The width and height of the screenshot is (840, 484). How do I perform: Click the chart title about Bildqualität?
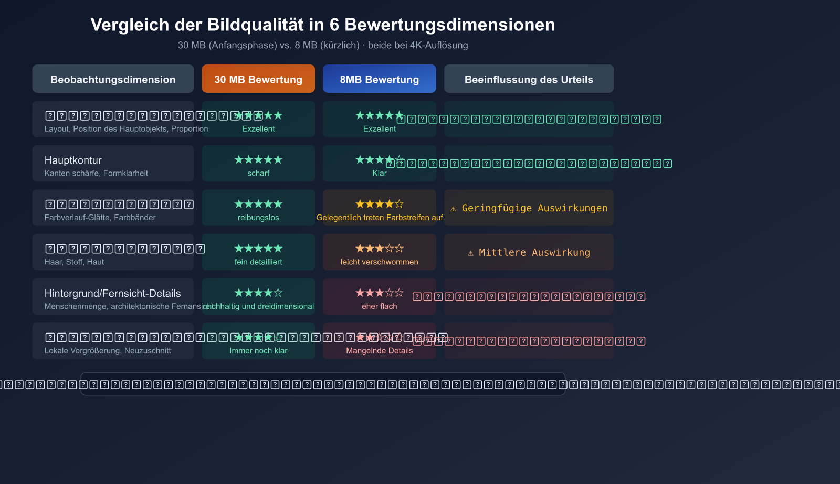(322, 25)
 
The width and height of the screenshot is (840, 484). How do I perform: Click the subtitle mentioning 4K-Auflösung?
(323, 45)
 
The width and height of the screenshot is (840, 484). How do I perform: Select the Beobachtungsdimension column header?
(113, 79)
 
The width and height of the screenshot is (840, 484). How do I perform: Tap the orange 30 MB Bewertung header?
(258, 79)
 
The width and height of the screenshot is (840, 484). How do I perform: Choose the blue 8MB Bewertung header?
(380, 79)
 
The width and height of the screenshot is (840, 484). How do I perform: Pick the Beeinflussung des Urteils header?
(529, 79)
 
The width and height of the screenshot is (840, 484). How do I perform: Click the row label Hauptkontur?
(73, 160)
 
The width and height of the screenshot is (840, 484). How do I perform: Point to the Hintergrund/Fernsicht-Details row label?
(112, 293)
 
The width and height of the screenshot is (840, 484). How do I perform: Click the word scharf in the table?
(258, 173)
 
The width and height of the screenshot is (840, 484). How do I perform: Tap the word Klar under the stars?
(380, 173)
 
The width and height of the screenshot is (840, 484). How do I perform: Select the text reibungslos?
(258, 218)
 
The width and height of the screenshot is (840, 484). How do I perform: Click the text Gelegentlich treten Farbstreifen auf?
(380, 218)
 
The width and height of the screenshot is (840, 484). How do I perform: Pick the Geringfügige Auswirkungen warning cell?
(529, 208)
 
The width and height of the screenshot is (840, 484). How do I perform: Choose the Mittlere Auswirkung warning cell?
(529, 252)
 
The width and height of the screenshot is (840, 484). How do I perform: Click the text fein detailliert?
(258, 262)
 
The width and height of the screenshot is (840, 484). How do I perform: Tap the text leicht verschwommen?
(380, 262)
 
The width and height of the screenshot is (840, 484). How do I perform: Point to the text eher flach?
(380, 306)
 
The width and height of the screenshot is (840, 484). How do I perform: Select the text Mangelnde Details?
(380, 351)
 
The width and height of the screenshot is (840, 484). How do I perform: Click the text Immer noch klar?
(258, 351)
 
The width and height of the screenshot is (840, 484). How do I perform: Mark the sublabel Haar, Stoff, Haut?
(74, 262)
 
